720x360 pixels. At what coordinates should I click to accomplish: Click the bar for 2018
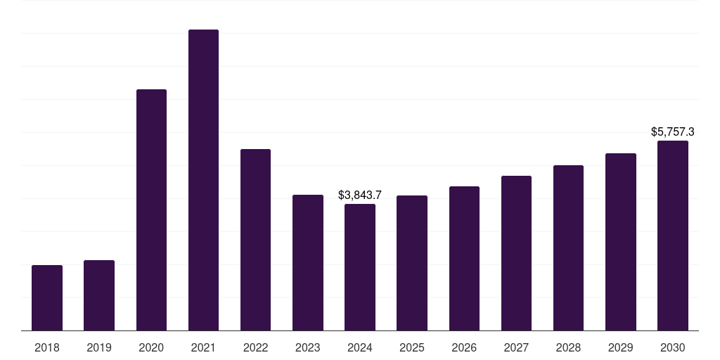47,298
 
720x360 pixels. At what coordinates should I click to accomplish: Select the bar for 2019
99,295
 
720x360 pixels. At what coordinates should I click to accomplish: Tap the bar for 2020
152,210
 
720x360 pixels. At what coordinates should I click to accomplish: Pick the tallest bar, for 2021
203,180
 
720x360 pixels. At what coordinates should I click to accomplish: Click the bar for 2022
255,240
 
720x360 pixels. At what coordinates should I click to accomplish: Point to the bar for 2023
308,263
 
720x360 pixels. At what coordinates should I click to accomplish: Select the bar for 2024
360,267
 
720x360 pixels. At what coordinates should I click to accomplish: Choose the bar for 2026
464,259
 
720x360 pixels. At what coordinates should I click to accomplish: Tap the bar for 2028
568,248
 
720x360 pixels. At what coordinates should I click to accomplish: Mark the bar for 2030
673,236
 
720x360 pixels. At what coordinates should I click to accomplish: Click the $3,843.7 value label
360,195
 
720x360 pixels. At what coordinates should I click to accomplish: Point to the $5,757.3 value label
673,132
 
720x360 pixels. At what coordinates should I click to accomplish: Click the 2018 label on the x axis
47,347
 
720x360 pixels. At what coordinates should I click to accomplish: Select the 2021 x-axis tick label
203,347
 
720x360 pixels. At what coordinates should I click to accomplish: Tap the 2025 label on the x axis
412,347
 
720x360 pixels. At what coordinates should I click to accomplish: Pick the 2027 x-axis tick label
516,347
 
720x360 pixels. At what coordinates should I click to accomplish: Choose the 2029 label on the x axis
620,347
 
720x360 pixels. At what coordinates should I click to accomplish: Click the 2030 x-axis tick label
673,347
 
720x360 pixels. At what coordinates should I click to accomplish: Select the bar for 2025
412,263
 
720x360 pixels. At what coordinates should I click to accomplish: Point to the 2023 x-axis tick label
308,347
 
